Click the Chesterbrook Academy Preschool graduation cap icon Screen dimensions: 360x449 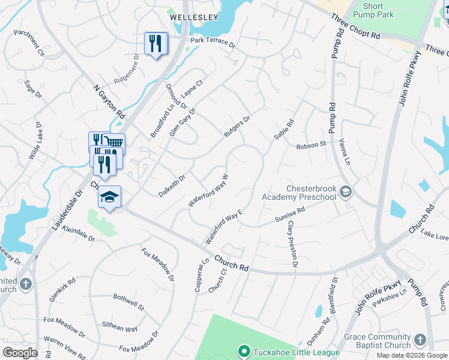345,192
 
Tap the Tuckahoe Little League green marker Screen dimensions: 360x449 244,351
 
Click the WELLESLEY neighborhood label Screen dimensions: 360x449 193,17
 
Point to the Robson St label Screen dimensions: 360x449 310,145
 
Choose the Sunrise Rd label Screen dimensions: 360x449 291,215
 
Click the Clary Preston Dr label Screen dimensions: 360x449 292,244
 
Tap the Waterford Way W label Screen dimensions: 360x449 209,191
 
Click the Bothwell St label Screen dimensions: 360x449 129,302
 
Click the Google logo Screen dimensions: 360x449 20,353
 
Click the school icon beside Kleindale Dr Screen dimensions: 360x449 110,197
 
